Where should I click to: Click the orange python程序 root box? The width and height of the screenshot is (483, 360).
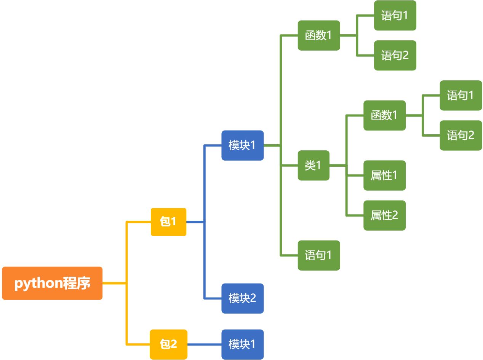(x=52, y=283)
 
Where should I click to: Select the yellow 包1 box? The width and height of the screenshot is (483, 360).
(x=168, y=222)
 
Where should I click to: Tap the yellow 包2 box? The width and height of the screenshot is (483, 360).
(x=168, y=344)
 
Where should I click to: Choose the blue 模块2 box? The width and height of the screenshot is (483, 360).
(x=242, y=298)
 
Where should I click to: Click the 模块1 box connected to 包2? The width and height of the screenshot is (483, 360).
(x=242, y=344)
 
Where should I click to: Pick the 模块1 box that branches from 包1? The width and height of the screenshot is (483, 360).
(x=242, y=145)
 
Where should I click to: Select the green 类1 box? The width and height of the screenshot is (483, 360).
(x=313, y=165)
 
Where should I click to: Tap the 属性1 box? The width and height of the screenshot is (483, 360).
(x=384, y=175)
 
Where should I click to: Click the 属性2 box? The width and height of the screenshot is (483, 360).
(x=384, y=215)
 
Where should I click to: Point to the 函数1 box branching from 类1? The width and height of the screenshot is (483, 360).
(x=384, y=115)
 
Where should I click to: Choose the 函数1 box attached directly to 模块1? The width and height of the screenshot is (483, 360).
(x=318, y=35)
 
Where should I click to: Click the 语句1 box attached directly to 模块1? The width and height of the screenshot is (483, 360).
(x=318, y=255)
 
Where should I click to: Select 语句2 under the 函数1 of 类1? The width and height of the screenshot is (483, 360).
(x=461, y=135)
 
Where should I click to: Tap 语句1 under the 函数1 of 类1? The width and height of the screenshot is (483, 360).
(x=461, y=95)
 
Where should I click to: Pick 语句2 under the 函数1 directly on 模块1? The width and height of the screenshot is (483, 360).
(x=395, y=56)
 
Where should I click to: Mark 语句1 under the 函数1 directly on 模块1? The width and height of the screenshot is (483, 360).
(x=395, y=16)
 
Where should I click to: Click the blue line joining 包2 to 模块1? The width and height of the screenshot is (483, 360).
(x=204, y=344)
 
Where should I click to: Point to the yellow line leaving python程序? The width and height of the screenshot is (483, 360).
(x=114, y=283)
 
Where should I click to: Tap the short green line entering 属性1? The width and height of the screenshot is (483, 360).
(x=355, y=175)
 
